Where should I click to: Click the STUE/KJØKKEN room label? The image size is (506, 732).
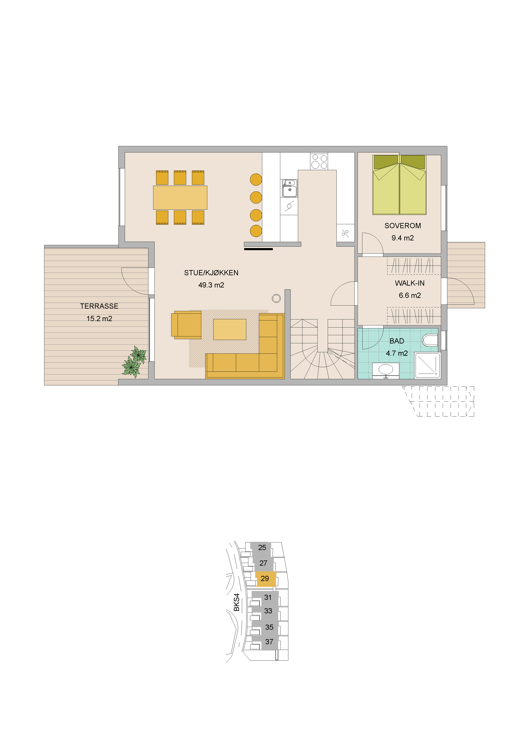point(211,273)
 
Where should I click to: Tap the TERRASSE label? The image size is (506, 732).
point(99,306)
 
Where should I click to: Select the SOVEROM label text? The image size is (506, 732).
point(403,226)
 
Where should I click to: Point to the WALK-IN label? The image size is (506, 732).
point(410,283)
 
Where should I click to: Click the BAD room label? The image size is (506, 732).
point(397,341)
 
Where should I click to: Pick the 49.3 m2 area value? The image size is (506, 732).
point(211,285)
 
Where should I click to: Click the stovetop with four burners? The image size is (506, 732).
point(319,161)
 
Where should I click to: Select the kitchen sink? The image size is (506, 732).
point(290,188)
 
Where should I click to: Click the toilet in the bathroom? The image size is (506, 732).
point(430,340)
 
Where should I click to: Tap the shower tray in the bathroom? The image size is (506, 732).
point(427,365)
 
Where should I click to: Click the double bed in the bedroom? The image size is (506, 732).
point(399,185)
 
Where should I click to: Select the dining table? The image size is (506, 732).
point(180,198)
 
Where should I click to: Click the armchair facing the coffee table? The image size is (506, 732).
point(186,325)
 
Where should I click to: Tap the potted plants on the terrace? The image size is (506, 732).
point(134,362)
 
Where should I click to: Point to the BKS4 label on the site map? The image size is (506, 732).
point(237,602)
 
